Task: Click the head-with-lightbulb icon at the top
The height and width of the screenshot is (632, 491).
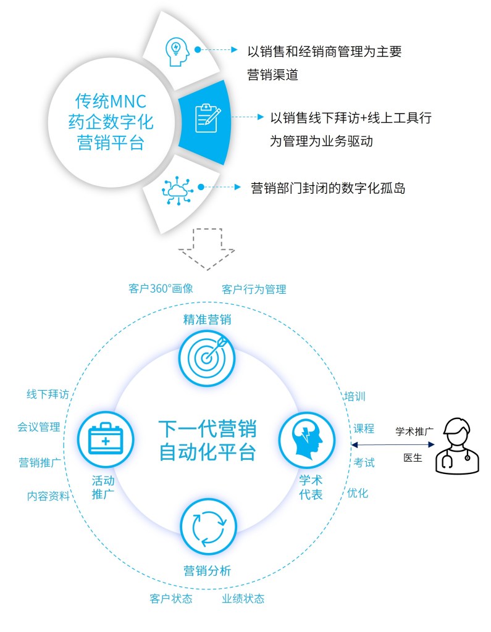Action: [177, 50]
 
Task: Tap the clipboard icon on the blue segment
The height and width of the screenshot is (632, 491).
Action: [207, 117]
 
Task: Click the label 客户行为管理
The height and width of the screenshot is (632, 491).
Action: [254, 288]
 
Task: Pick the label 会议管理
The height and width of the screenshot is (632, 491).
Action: [39, 427]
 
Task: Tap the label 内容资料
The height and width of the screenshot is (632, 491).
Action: [48, 496]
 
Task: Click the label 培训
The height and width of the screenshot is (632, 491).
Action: [355, 396]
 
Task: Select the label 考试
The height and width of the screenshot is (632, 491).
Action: [364, 462]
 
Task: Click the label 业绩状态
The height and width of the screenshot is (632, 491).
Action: [243, 598]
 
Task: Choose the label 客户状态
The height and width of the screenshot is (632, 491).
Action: [171, 598]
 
